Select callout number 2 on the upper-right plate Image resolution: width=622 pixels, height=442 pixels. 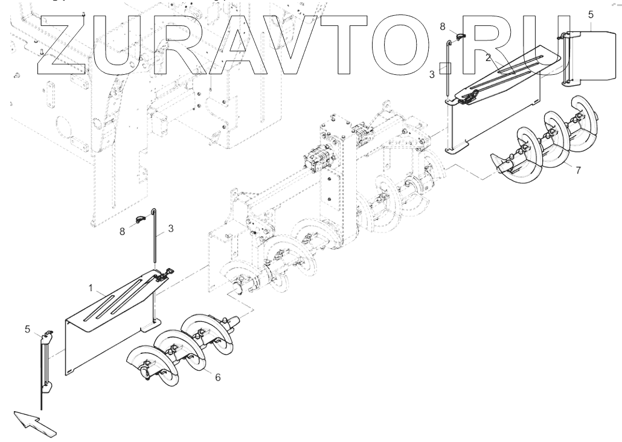click(488, 57)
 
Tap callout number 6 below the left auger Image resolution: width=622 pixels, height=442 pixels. click(217, 377)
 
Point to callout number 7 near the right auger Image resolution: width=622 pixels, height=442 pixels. click(578, 170)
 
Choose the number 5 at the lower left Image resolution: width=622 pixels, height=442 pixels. click(27, 329)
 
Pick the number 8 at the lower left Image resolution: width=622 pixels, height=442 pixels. click(123, 231)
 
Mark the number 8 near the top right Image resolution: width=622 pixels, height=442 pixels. click(443, 27)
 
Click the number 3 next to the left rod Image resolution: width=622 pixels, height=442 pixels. click(171, 228)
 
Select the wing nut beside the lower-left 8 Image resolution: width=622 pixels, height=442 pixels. click(141, 219)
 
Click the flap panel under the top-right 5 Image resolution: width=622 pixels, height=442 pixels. click(589, 57)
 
